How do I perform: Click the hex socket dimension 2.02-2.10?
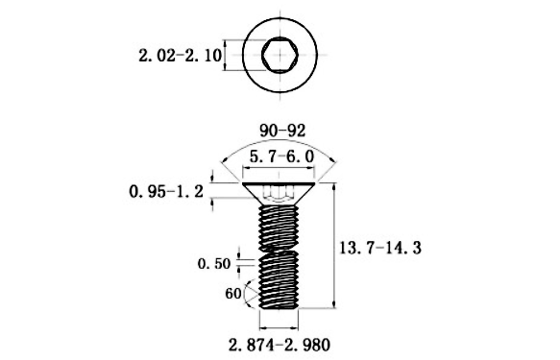[x=180, y=56]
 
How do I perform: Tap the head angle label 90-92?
[x=282, y=131]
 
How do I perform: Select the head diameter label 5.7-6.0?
[x=281, y=156]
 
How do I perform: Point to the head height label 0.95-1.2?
[x=166, y=192]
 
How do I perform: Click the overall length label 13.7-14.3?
[x=380, y=248]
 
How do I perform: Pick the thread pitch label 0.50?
[x=214, y=264]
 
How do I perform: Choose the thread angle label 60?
[x=233, y=294]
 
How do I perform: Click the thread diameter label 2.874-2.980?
[x=280, y=345]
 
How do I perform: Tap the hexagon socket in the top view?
[x=280, y=55]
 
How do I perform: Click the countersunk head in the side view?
[x=279, y=194]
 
